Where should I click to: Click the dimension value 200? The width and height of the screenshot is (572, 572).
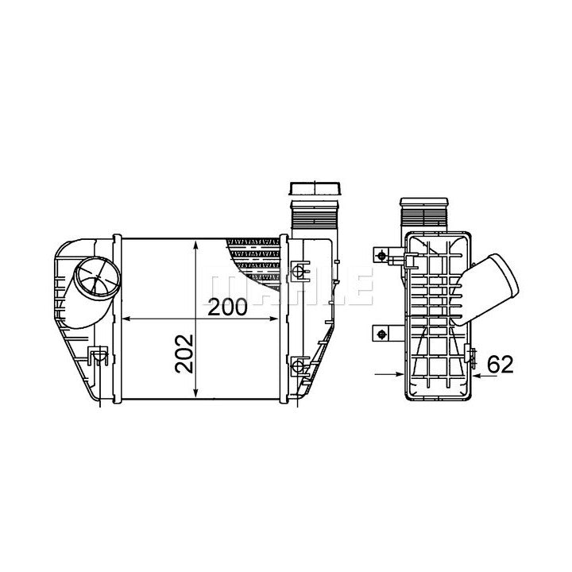point(227,307)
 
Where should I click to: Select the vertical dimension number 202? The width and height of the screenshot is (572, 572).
point(184,353)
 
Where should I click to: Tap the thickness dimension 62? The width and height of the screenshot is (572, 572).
point(500,364)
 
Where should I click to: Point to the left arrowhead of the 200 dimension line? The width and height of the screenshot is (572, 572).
point(126,319)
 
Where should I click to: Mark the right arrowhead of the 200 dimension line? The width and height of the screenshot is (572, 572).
point(273,319)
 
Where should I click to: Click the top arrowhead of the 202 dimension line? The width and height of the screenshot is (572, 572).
point(196,245)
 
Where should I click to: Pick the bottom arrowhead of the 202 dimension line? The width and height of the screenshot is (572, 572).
point(196,392)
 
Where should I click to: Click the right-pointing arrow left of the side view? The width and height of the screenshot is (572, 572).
point(389,373)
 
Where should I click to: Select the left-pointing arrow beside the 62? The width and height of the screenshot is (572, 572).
point(485,375)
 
